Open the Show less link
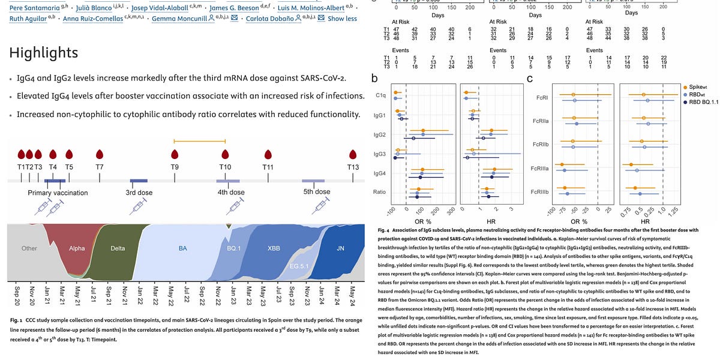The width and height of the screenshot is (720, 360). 342,19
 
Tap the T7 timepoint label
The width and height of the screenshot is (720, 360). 99,166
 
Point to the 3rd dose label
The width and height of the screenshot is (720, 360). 139,193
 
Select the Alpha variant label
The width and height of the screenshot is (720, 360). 77,248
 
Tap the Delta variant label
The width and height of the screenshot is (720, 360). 118,248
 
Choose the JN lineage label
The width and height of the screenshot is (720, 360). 341,248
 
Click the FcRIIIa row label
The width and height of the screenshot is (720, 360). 541,169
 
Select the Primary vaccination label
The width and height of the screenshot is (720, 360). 58,193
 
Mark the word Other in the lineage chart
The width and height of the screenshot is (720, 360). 29,248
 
